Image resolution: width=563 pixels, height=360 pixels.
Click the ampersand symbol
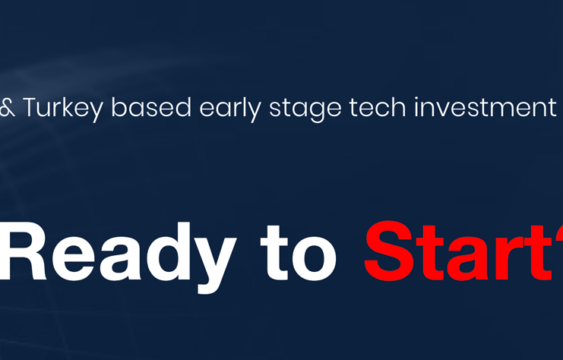click(x=7, y=108)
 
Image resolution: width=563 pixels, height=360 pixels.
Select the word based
click(x=151, y=107)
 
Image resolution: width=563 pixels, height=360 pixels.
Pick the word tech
click(x=378, y=107)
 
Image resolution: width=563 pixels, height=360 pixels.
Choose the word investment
click(x=486, y=107)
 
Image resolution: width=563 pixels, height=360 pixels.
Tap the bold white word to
click(x=299, y=254)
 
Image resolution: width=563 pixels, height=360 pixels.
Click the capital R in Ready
click(x=22, y=251)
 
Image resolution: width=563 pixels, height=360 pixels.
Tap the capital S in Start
click(x=388, y=251)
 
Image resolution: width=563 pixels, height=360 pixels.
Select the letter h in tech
click(x=399, y=107)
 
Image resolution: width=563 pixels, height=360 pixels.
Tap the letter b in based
click(x=119, y=107)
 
